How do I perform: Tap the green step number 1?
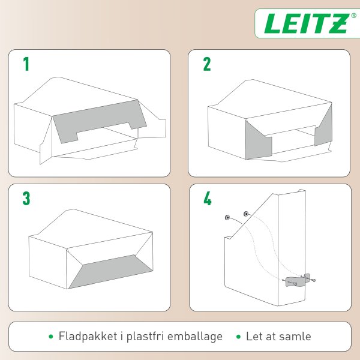(x=26, y=65)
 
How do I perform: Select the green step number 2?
(x=207, y=65)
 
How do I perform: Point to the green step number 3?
(x=26, y=199)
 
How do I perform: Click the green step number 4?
(x=207, y=199)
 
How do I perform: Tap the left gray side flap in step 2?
(x=258, y=140)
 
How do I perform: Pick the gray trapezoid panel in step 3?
(x=114, y=270)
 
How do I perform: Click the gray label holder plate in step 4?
(x=298, y=283)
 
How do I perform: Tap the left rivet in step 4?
(x=227, y=217)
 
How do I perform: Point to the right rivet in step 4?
(x=245, y=213)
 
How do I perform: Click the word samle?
(x=294, y=336)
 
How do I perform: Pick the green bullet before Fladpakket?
(x=50, y=337)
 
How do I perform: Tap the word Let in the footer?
(x=254, y=336)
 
